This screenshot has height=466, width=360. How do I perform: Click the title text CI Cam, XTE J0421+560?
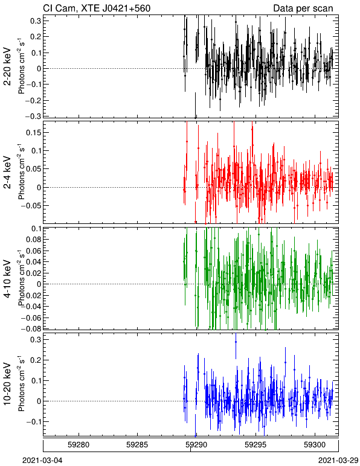tap(97, 8)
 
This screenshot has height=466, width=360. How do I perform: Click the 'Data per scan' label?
tap(303, 8)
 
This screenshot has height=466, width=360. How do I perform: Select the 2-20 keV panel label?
tap(7, 66)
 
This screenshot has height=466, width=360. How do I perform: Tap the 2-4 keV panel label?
tap(7, 173)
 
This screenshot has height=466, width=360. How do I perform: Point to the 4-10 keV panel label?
tap(7, 279)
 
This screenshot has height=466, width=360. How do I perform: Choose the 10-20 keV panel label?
tap(7, 384)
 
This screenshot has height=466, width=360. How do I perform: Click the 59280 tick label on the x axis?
tap(79, 445)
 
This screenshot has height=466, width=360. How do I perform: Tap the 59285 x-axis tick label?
tap(137, 445)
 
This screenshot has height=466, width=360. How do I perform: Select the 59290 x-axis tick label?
tap(196, 445)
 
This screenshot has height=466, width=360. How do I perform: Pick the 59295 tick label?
tap(256, 445)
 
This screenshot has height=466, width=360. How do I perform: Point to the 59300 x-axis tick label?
tap(315, 445)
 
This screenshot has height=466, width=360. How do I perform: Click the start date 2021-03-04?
tap(42, 461)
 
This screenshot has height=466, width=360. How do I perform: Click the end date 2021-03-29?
tap(338, 461)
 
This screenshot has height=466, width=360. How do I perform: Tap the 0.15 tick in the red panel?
tap(34, 132)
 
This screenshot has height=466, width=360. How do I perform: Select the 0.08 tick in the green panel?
tap(34, 239)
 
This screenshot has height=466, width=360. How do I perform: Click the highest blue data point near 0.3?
tap(236, 342)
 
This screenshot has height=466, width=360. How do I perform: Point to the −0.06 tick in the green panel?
tap(31, 318)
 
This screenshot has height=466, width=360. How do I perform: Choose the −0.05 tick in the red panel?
tap(31, 206)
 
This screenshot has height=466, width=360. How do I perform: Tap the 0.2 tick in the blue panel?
tap(36, 360)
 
